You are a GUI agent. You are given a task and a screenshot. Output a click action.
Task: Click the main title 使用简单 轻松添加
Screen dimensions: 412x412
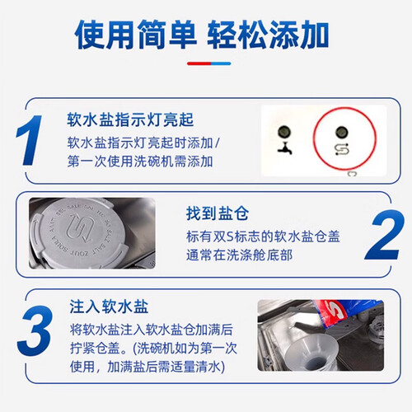202,35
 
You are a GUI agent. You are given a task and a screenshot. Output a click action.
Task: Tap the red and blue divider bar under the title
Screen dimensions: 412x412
209,63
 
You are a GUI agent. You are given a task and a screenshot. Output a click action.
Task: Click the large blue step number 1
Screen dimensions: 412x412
29,140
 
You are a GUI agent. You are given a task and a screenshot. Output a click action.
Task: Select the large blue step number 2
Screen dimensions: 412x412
385,235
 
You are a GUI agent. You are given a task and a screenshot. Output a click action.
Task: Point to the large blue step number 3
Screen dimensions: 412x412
35,331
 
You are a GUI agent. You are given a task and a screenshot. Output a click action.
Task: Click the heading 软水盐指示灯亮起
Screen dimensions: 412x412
130,119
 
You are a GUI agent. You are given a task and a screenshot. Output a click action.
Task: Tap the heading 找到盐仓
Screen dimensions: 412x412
218,213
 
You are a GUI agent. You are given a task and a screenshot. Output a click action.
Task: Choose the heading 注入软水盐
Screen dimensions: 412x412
109,307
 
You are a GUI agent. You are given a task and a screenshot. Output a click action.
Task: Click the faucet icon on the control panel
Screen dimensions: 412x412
284,148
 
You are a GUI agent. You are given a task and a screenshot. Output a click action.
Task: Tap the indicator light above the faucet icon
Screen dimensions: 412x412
284,132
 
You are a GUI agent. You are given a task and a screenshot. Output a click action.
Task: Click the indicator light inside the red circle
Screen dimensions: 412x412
342,132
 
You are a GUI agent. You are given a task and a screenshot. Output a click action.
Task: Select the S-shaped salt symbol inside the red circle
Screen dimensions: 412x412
342,149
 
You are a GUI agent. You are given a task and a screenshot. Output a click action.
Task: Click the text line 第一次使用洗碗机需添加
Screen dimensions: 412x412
140,162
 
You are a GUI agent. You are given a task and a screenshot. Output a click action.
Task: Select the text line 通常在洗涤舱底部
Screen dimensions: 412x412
239,255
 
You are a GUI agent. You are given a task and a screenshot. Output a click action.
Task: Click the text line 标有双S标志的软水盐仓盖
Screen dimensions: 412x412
263,236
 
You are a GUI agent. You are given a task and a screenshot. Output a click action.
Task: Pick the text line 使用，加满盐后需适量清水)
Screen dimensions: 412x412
147,367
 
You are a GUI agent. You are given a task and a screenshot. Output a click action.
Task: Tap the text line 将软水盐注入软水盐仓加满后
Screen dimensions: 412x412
152,330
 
